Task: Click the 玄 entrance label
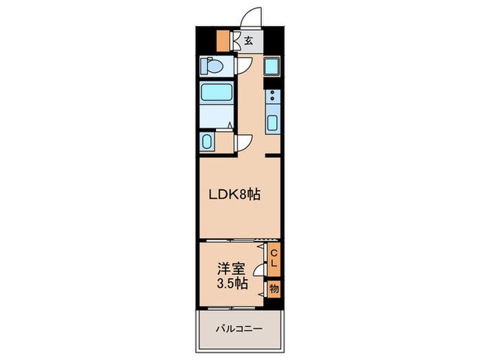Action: [x=248, y=40]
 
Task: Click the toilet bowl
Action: [x=212, y=67]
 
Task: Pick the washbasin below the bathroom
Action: [x=208, y=142]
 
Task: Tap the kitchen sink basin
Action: [x=272, y=125]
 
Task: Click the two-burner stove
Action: [x=272, y=99]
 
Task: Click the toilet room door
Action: [x=243, y=67]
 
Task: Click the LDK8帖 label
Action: [x=235, y=195]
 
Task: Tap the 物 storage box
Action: [x=274, y=289]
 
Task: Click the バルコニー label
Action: [x=239, y=329]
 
